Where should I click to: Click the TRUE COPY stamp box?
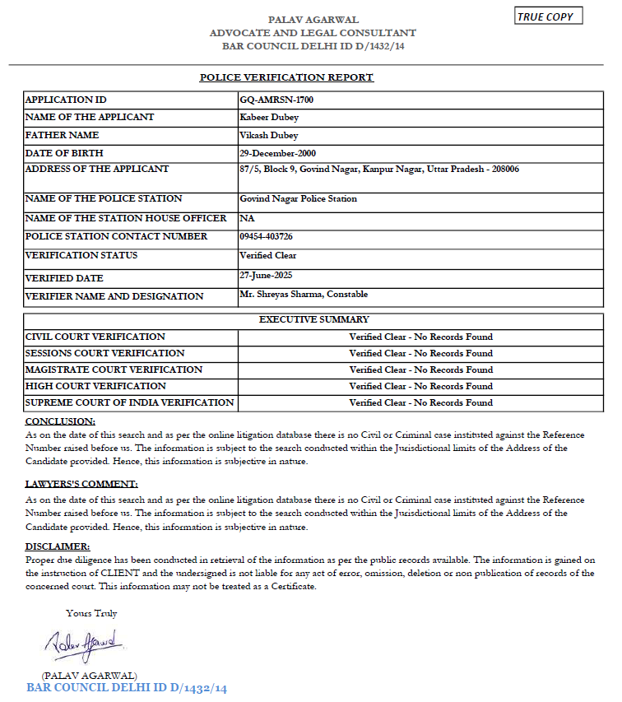coord(548,16)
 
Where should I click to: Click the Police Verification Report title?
coord(286,77)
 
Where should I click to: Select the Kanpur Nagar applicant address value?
coord(378,169)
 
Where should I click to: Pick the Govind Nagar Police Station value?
coord(298,198)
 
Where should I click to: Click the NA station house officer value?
coord(246,218)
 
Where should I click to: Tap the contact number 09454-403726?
coord(267,236)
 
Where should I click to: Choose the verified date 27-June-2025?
coord(266,275)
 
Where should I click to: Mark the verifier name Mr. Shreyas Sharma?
coord(304,294)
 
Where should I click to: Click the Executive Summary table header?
coord(314,319)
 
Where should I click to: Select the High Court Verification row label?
coord(95,386)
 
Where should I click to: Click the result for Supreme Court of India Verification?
coord(420,402)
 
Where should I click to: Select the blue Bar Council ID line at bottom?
coord(126,687)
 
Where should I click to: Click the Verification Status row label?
coord(81,255)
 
